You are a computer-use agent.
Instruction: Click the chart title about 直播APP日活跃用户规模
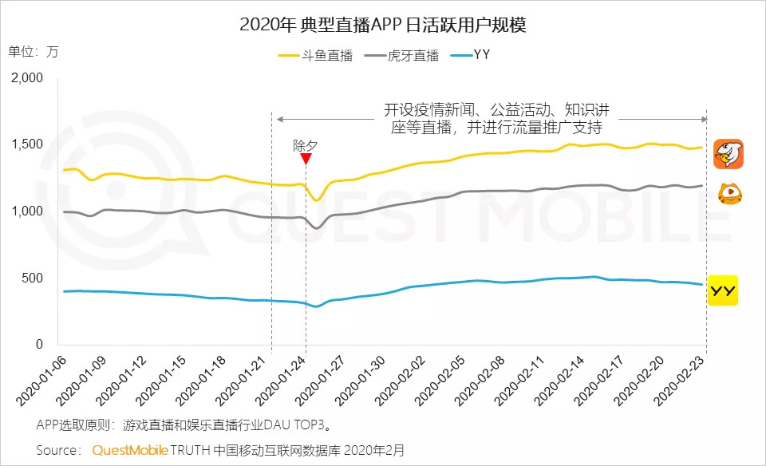point(382,24)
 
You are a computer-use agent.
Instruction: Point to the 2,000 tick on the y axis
point(28,77)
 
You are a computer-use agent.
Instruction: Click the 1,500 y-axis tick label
point(28,144)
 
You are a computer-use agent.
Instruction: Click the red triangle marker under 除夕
point(306,158)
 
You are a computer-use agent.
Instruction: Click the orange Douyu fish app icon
point(728,153)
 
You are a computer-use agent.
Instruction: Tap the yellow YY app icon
point(724,290)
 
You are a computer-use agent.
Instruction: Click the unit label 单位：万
point(34,52)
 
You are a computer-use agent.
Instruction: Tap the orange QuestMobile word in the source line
point(130,450)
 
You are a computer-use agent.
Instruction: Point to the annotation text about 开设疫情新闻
point(492,118)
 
